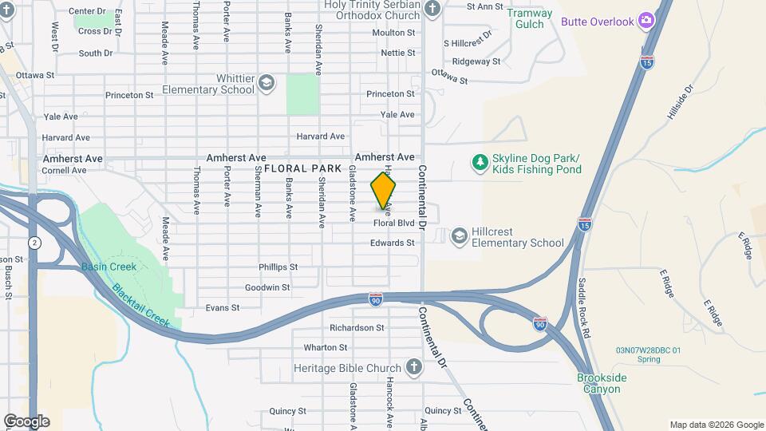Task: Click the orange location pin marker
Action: click(383, 192)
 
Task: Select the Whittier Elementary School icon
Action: click(267, 83)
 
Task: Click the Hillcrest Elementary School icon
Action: click(459, 236)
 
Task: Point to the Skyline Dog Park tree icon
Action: click(480, 163)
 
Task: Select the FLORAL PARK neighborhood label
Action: click(302, 168)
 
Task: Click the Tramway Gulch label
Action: click(530, 18)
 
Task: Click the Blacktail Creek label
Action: click(140, 305)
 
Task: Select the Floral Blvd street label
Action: click(394, 223)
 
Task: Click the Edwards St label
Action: click(393, 243)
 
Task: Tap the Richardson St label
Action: click(357, 327)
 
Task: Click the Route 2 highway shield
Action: click(34, 242)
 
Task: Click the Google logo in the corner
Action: click(26, 421)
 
